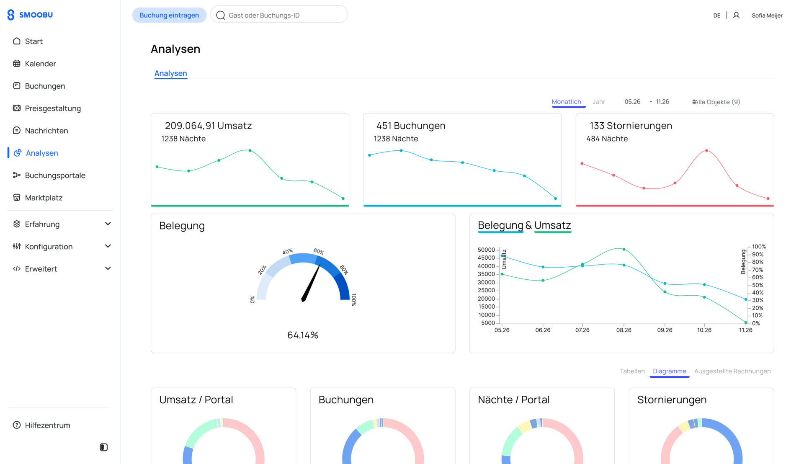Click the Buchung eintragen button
coord(169,15)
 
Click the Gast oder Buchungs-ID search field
coord(279,15)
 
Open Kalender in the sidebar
coord(40,64)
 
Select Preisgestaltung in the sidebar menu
coord(53,108)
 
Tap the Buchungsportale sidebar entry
coord(55,175)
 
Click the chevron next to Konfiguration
coord(108,246)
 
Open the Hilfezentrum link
coord(47,425)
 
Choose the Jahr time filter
coord(599,102)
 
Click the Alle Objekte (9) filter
coord(716,102)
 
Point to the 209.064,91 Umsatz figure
coord(208,126)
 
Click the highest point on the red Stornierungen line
coord(707,150)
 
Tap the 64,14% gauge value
coord(303,335)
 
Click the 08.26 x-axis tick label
coord(624,330)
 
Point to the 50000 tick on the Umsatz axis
coord(486,250)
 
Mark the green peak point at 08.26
coord(624,249)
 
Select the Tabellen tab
coord(632,371)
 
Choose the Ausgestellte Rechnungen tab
coord(732,371)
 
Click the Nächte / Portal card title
coord(514,400)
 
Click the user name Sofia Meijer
coord(767,15)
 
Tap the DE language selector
coord(717,15)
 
